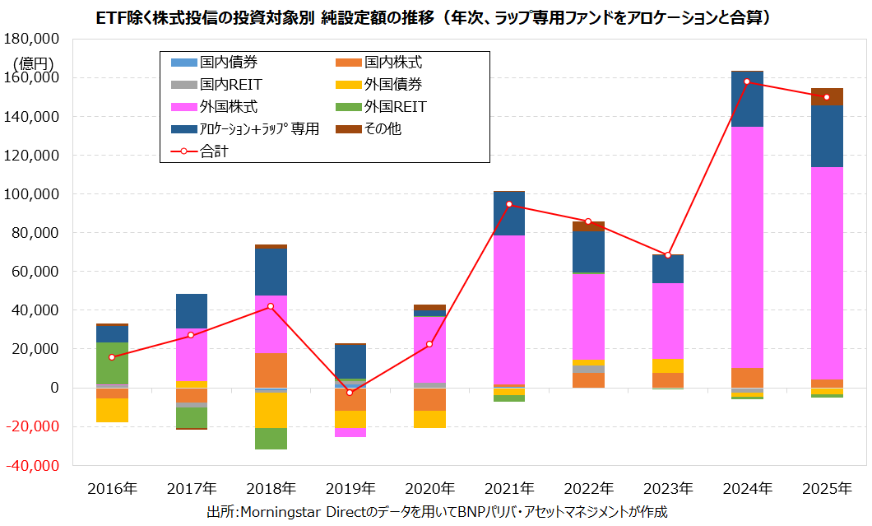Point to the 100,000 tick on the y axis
(34, 194)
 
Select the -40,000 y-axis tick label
(34, 465)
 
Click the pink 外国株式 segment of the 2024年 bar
(747, 247)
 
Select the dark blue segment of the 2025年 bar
(827, 136)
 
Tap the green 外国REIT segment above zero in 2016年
(112, 363)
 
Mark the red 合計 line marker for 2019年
(350, 393)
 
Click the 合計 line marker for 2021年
(509, 204)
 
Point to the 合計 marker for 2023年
(668, 255)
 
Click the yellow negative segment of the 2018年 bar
(271, 410)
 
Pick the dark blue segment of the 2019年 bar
(350, 361)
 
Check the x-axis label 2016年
(112, 488)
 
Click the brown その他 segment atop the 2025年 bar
(827, 96)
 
